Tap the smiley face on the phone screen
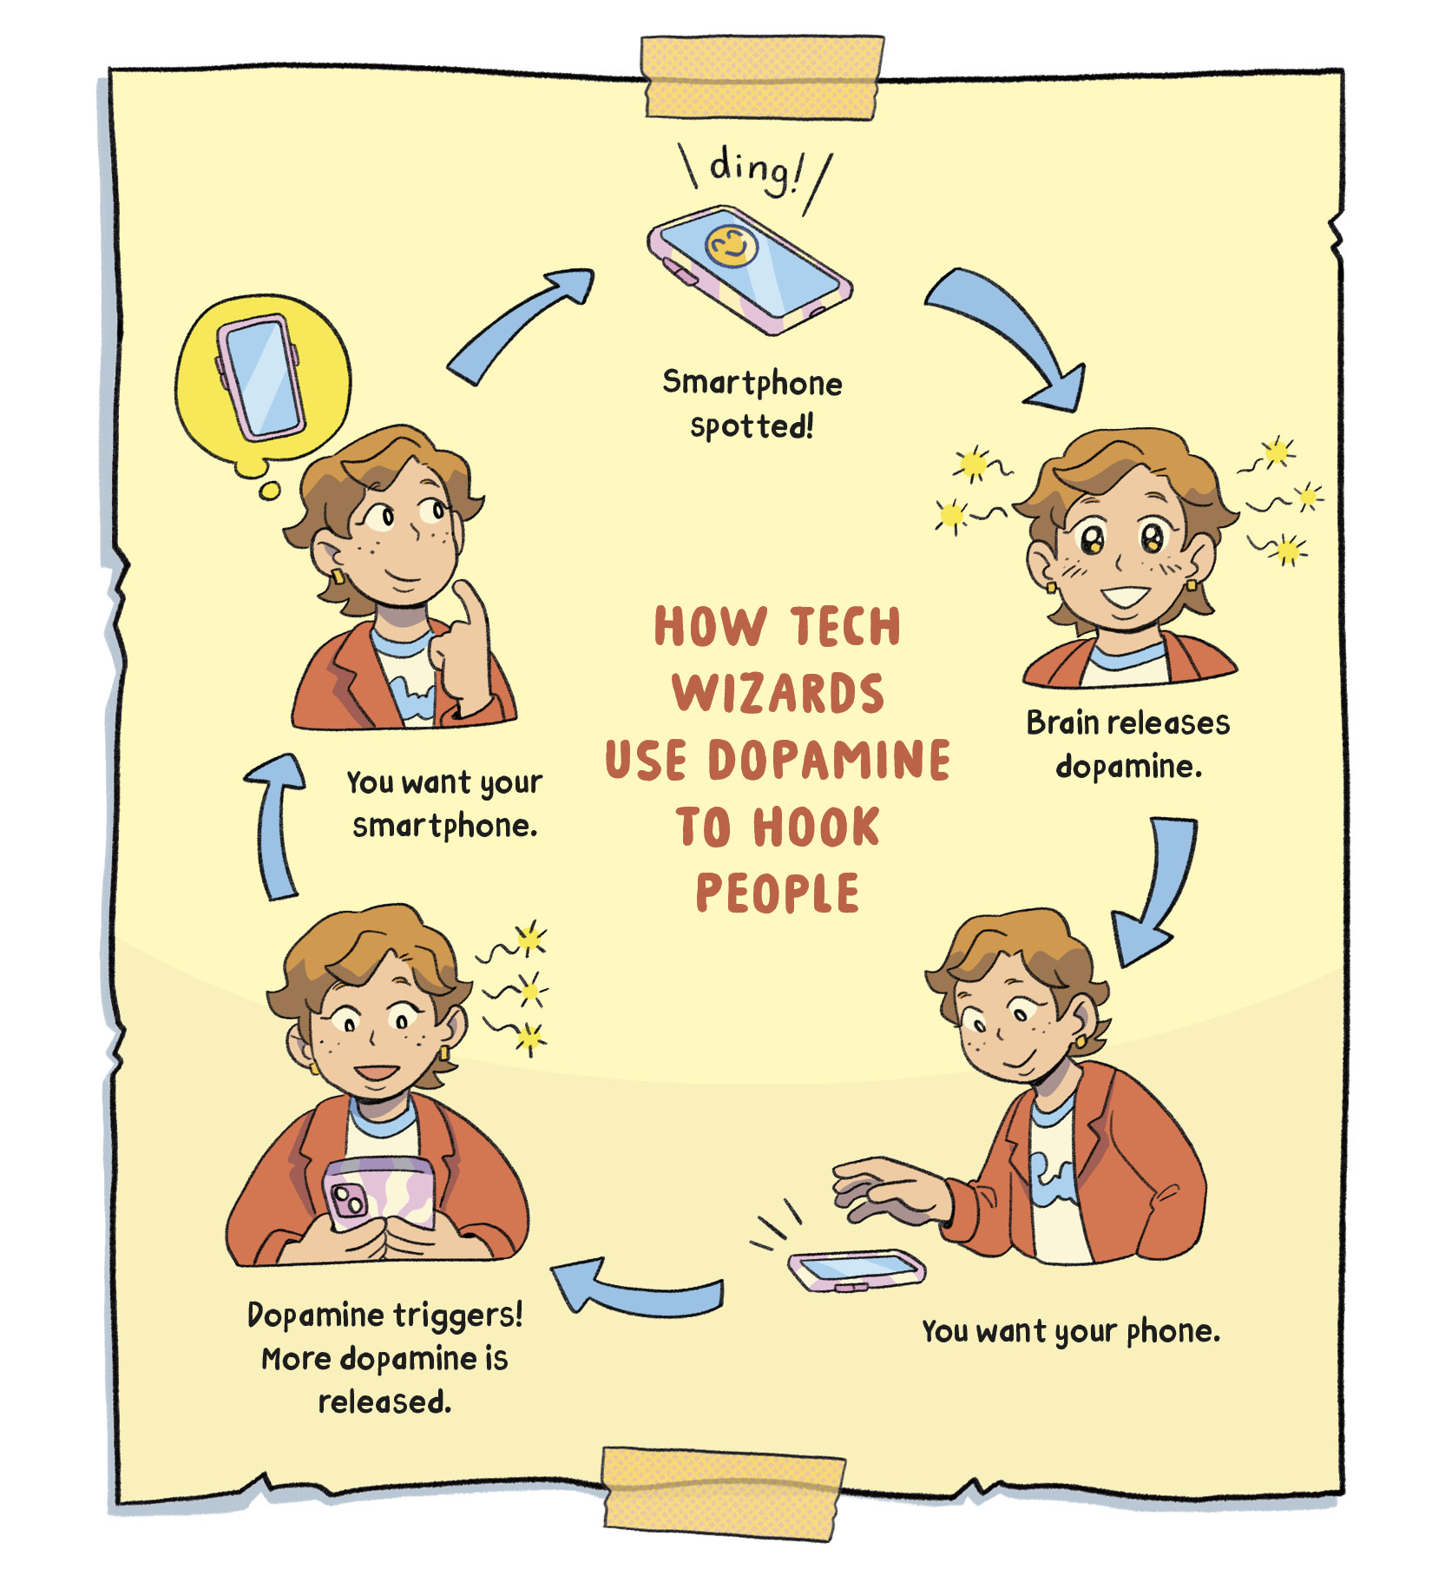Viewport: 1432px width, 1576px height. coord(731,246)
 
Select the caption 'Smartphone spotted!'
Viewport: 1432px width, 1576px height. coord(752,404)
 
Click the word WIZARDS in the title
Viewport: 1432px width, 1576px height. coord(778,693)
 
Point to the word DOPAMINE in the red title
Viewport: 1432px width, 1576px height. coord(829,760)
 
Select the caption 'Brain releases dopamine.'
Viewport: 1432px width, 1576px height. coord(1127,744)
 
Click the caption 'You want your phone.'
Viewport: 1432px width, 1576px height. coord(1070,1331)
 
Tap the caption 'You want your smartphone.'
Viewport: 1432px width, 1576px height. coord(444,803)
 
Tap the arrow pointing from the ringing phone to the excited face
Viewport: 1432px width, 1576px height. coord(1011,334)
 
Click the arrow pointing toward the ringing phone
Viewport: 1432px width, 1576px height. coord(521,326)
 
